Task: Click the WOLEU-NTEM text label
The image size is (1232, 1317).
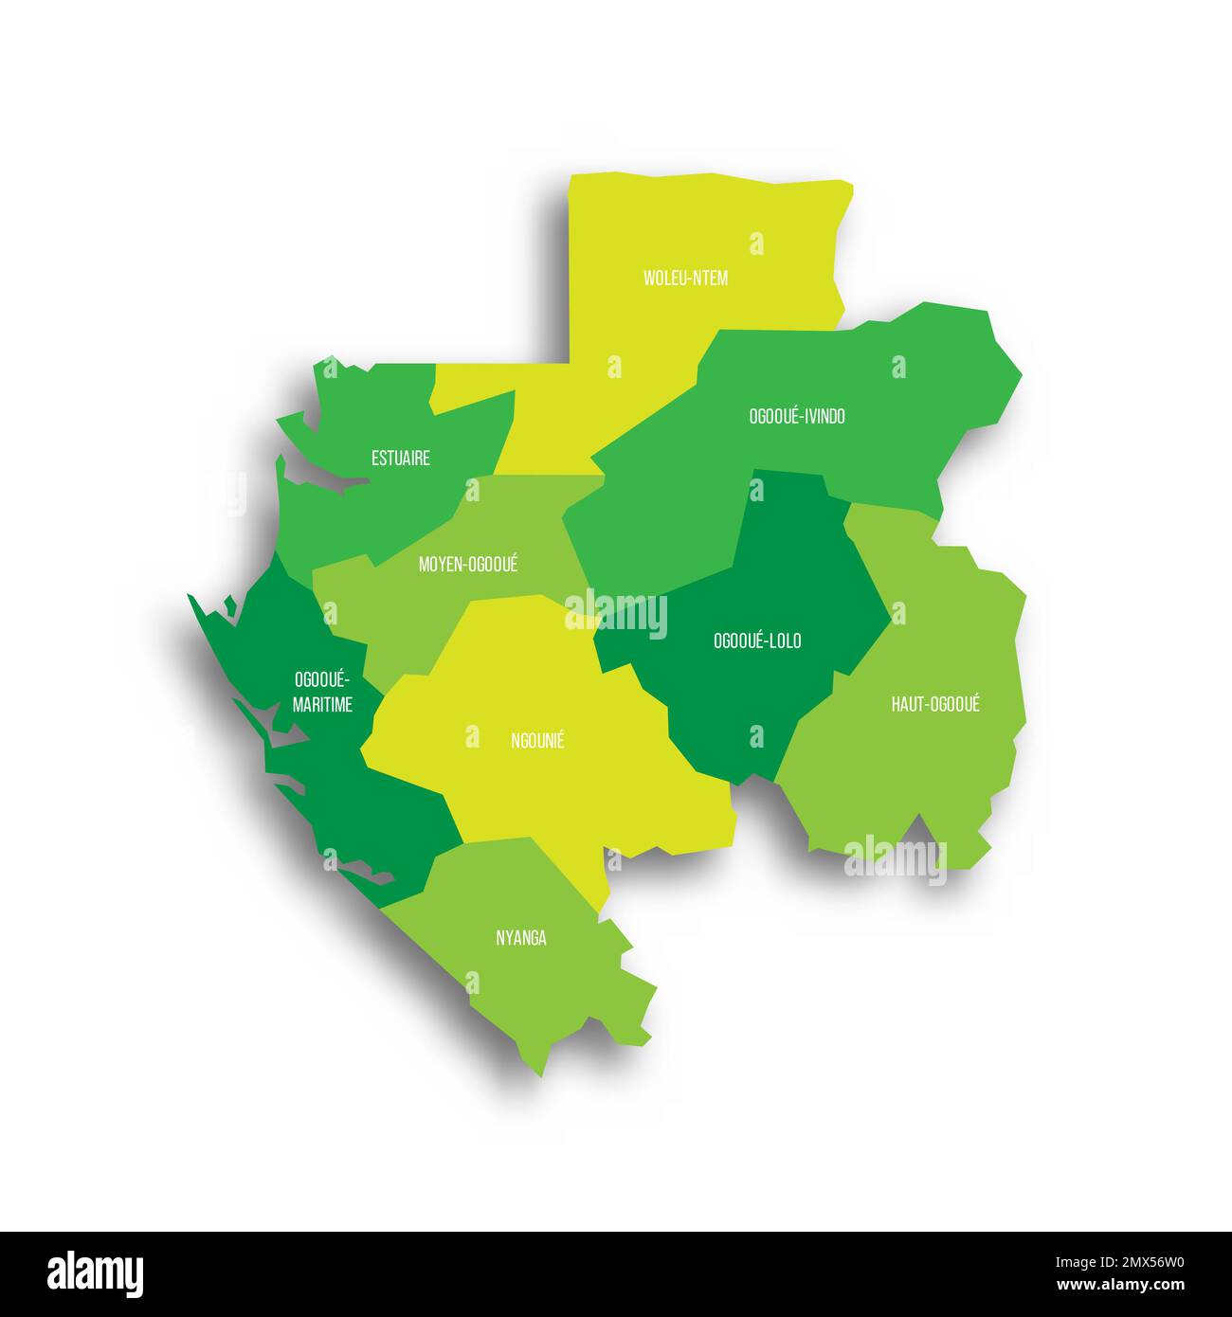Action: pos(685,278)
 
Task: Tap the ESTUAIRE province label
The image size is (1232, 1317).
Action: pos(400,459)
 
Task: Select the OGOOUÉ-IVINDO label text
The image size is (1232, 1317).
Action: pos(796,416)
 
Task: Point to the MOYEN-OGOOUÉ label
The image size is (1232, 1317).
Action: pos(468,565)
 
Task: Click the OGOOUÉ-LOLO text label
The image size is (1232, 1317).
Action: pos(756,641)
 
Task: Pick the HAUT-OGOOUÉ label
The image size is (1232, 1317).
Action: pos(934,704)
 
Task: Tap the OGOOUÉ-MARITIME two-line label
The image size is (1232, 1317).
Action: pos(322,692)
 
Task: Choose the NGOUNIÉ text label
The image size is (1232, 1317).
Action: pos(537,741)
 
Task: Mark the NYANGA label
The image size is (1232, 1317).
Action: pos(520,938)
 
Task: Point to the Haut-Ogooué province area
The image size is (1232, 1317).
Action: pos(910,777)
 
